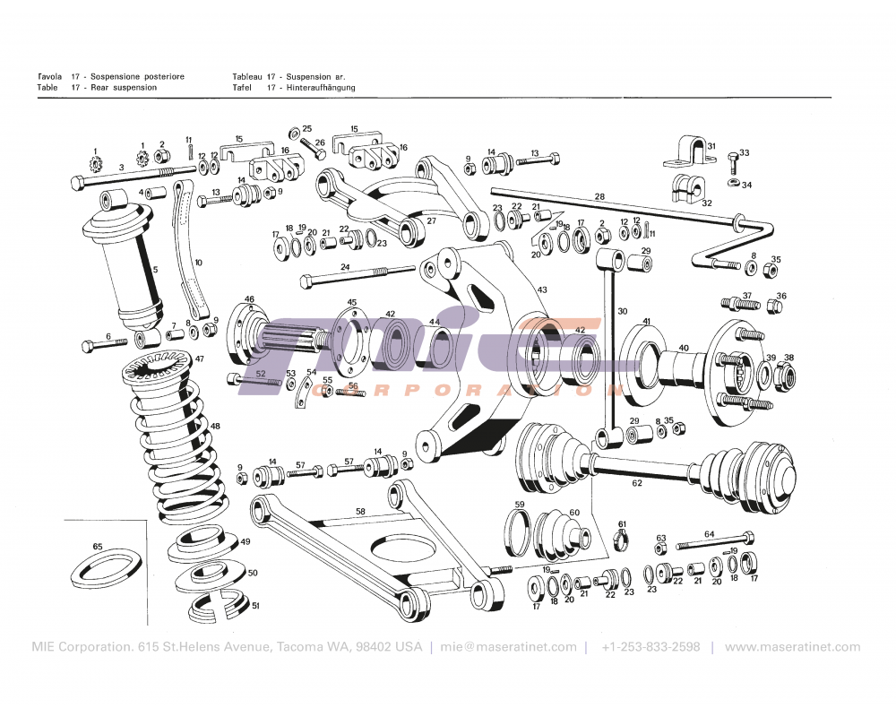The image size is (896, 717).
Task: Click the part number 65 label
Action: pyautogui.click(x=98, y=546)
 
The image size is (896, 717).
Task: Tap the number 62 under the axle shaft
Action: pyautogui.click(x=637, y=483)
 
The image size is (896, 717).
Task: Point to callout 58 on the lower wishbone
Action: pyautogui.click(x=360, y=511)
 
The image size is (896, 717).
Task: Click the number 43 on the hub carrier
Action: pyautogui.click(x=541, y=289)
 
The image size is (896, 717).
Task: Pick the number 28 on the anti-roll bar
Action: pyautogui.click(x=599, y=196)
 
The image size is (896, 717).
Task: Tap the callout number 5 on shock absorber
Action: pyautogui.click(x=155, y=268)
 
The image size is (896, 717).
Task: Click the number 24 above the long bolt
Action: pyautogui.click(x=345, y=266)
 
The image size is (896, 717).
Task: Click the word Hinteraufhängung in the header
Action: pyautogui.click(x=321, y=88)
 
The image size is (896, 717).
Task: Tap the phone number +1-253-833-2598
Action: pyautogui.click(x=650, y=647)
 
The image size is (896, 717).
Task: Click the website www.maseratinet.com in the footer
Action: pyautogui.click(x=792, y=647)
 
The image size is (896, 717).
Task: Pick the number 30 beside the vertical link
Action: pyautogui.click(x=622, y=311)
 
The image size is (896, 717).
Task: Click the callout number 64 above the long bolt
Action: pyautogui.click(x=709, y=534)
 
